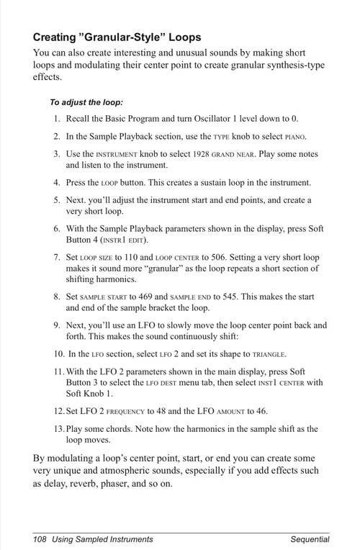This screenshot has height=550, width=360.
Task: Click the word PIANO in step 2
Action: [x=295, y=137]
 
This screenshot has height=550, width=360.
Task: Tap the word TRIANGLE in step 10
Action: [x=269, y=354]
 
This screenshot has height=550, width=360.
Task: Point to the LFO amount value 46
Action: [x=262, y=411]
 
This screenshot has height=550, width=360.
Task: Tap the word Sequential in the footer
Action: [x=310, y=538]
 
